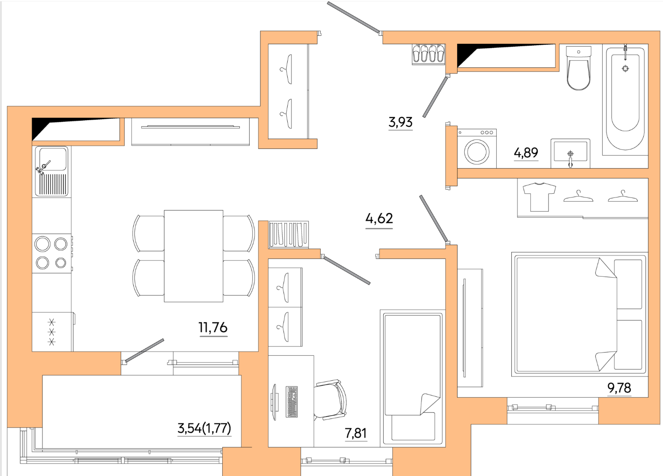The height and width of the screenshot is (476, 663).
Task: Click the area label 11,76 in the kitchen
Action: pos(213,328)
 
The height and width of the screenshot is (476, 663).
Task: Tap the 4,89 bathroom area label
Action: pos(526,153)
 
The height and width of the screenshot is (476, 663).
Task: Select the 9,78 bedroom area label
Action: pos(619,388)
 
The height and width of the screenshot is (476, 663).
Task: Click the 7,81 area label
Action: pos(356,433)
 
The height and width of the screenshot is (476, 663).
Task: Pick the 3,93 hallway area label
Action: pos(400,122)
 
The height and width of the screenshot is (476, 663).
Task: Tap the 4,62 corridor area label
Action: pos(379,219)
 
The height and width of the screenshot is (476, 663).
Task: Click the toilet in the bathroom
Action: pos(578,68)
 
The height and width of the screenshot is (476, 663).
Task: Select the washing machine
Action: pos(477,148)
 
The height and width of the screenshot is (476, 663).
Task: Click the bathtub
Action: pos(625,99)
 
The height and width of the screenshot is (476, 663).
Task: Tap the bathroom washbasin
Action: pos(570,154)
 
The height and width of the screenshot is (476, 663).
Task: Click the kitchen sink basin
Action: pos(52,159)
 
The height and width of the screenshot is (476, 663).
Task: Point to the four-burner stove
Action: pos(52,253)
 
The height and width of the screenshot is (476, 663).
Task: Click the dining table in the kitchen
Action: pos(194,256)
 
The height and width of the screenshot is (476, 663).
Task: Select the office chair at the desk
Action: pos(330,400)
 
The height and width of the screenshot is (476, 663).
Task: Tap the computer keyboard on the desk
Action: pos(291,402)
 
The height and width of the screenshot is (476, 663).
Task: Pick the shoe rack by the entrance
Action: pos(429,55)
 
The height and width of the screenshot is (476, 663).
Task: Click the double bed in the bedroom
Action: pos(580,314)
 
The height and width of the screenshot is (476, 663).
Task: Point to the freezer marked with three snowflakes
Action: pos(52,332)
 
